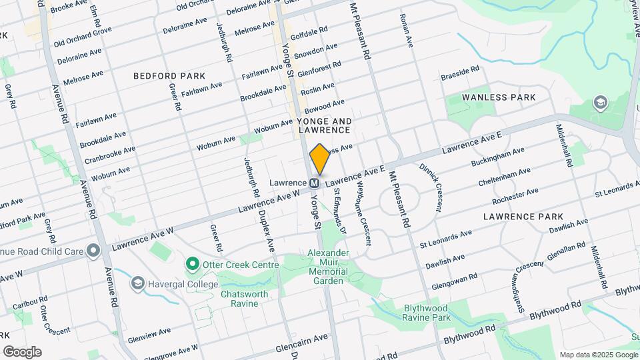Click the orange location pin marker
point(319,159)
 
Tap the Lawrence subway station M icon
point(315,182)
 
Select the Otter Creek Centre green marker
point(193,265)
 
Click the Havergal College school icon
point(138,284)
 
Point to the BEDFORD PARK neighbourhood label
point(169,76)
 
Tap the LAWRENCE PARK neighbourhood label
point(523,217)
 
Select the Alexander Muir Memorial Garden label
point(327,267)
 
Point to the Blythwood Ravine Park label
point(427,313)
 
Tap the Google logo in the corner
point(22,351)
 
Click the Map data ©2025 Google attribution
point(598,355)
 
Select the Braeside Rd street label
point(460,70)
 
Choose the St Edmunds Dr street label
point(339,214)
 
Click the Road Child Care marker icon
point(93,251)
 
